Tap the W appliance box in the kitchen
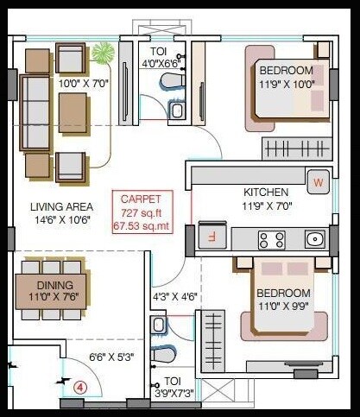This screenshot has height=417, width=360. pos(318,182)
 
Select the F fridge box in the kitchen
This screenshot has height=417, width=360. pos(209,233)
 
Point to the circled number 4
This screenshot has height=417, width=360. pos(81,388)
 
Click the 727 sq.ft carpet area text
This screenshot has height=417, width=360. pos(142,212)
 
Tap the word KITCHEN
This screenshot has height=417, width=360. pos(266,192)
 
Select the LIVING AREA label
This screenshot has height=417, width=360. pos(61,206)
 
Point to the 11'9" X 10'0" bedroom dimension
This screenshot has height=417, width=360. pos(287,84)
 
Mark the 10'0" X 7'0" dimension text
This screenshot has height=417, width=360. pos(85,84)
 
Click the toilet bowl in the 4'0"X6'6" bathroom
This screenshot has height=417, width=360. pos(171,81)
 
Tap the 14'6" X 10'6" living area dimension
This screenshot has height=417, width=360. pos(61,220)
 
